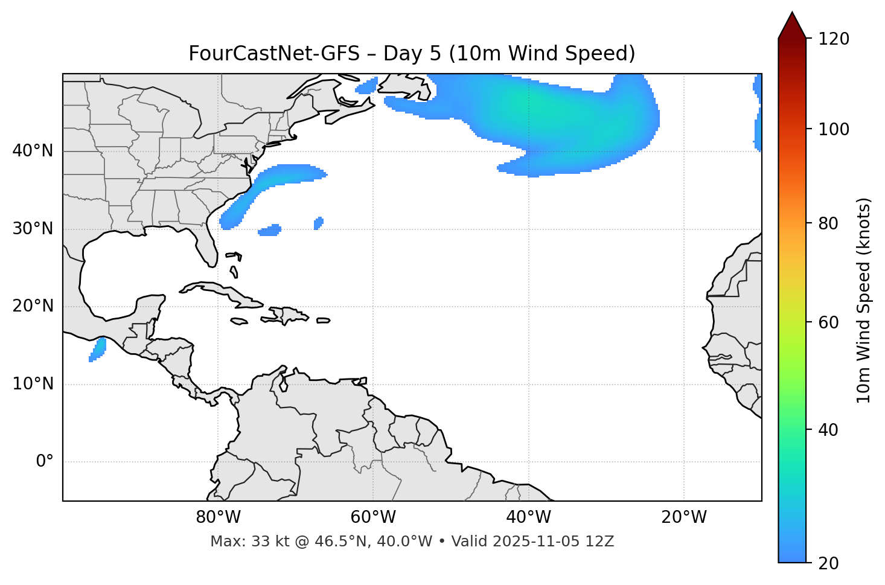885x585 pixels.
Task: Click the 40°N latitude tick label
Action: click(33, 151)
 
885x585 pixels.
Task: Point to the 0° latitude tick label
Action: click(45, 462)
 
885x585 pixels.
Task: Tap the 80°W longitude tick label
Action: click(218, 517)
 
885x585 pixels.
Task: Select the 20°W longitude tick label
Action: click(684, 517)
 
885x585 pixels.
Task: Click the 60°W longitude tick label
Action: click(373, 517)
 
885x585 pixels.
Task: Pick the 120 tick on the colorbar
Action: click(835, 39)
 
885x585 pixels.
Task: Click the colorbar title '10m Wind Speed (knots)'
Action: click(864, 300)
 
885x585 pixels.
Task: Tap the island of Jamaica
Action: click(239, 321)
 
